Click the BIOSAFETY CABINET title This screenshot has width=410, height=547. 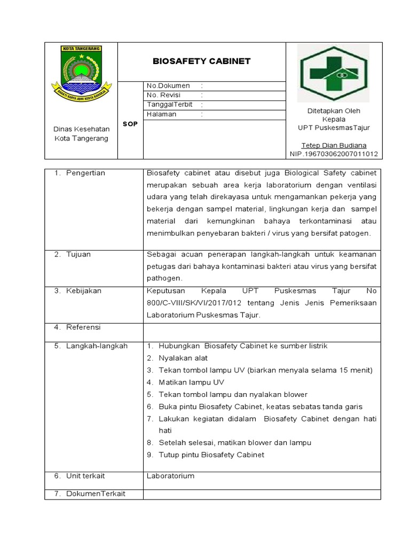click(x=201, y=61)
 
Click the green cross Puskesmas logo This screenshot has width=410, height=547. click(x=333, y=73)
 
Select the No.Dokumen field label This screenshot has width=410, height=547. click(x=168, y=85)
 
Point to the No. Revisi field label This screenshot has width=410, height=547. click(x=164, y=95)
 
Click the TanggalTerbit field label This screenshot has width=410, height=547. click(x=169, y=105)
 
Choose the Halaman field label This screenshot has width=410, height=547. click(x=161, y=114)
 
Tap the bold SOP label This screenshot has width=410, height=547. click(x=130, y=124)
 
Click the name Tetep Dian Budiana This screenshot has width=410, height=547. click(x=334, y=145)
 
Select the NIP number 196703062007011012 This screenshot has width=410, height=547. click(x=334, y=154)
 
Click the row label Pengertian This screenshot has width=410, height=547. click(x=85, y=173)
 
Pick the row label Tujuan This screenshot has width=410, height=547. click(x=78, y=254)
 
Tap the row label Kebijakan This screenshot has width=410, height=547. click(x=83, y=291)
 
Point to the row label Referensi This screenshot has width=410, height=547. click(x=83, y=327)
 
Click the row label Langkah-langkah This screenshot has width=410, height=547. click(x=97, y=346)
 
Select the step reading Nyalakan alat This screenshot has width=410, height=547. click(x=183, y=358)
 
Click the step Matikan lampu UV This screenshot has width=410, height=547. click(x=191, y=382)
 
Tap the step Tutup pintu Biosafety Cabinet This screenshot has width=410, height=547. click(x=211, y=455)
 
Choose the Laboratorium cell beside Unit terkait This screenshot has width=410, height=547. click(x=170, y=475)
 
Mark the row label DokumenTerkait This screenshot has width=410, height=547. click(x=96, y=494)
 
